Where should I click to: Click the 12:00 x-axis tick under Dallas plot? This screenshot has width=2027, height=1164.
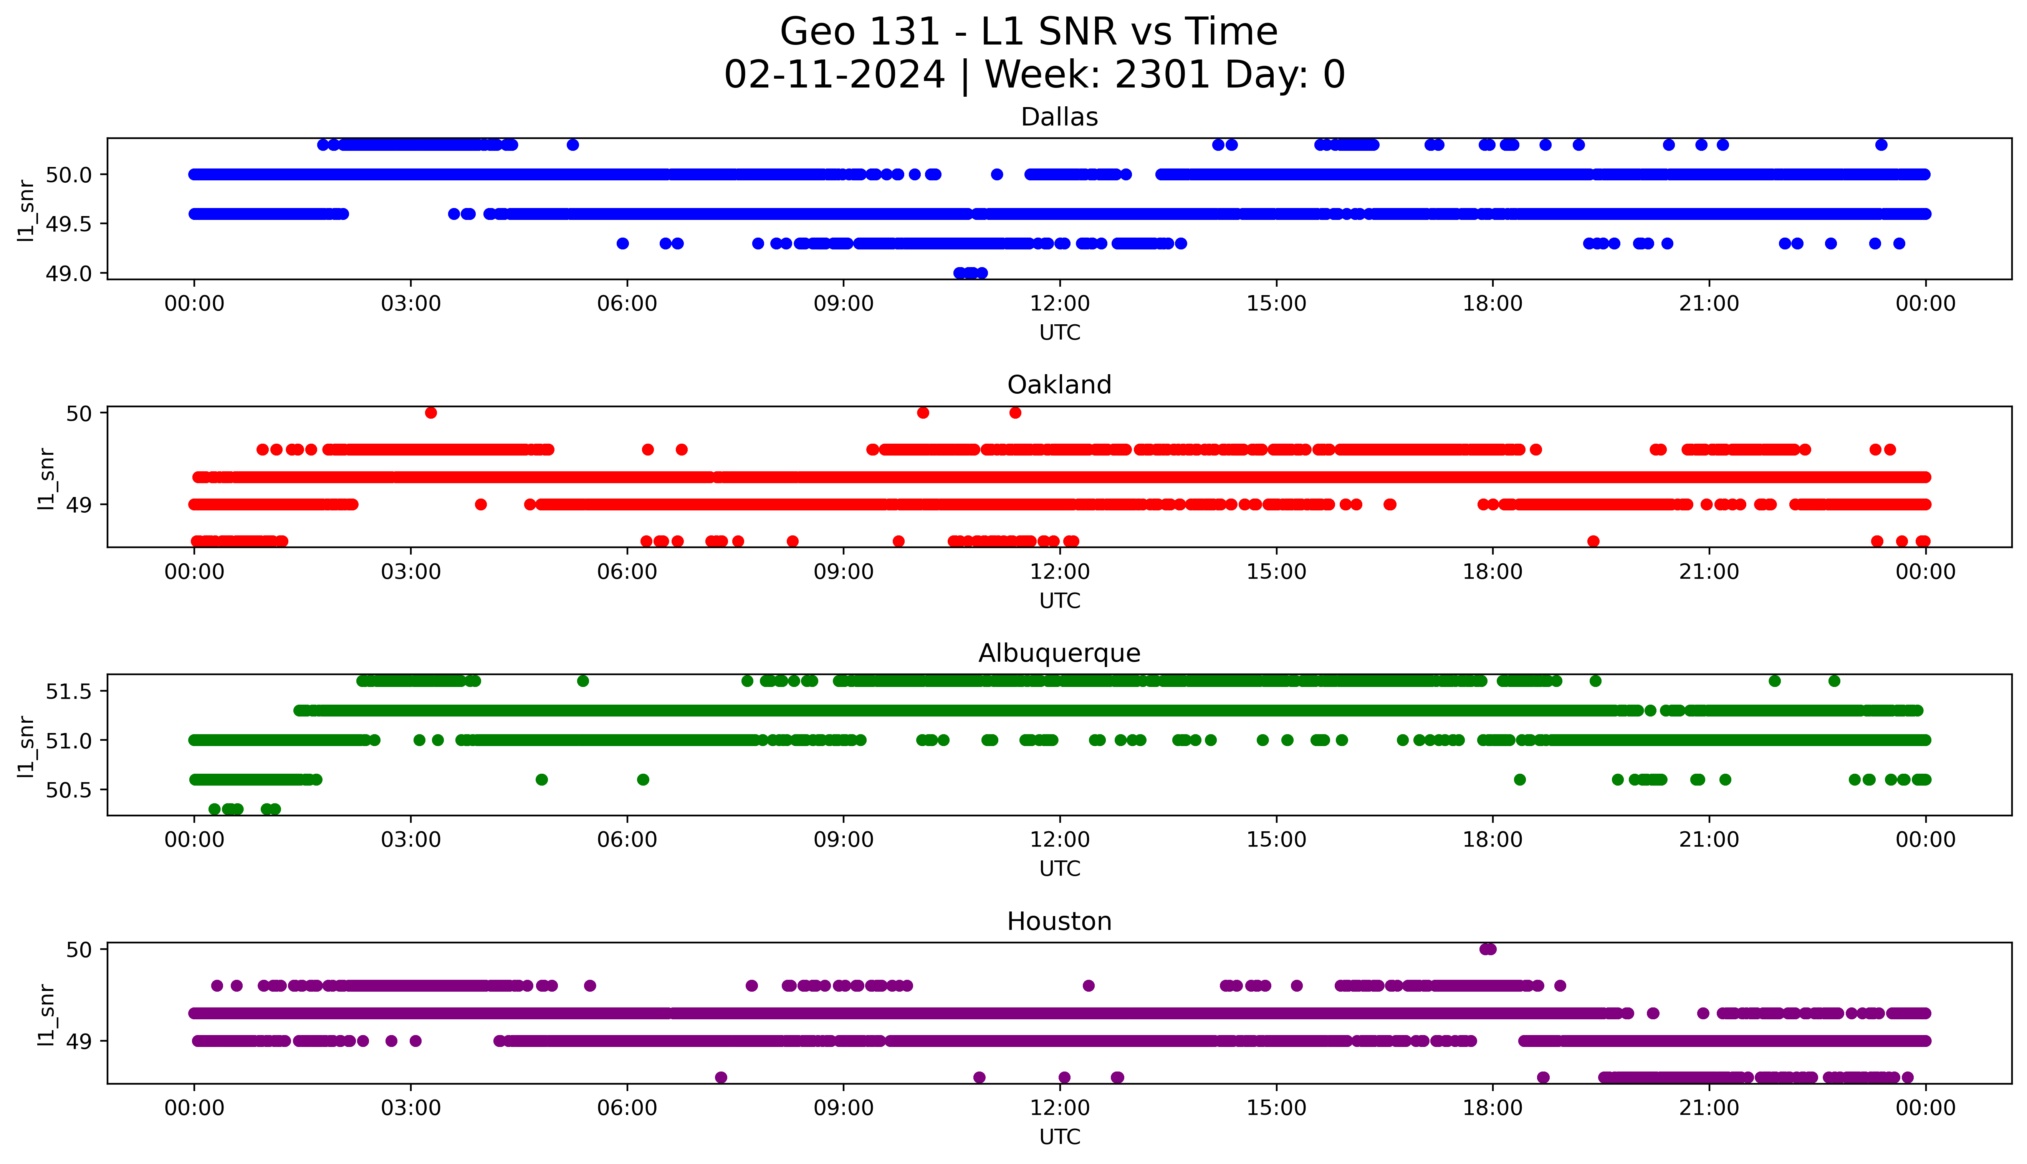coord(1059,304)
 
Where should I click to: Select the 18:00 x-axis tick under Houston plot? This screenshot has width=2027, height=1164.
coord(1492,1108)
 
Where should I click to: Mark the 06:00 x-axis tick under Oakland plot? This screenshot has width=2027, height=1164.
coord(627,571)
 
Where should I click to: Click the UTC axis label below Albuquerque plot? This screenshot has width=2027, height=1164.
coord(1059,869)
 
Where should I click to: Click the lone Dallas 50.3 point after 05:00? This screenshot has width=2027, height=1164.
coord(573,145)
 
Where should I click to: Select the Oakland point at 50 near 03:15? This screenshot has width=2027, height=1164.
coord(431,413)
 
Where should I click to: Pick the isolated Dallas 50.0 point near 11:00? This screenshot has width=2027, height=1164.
coord(996,174)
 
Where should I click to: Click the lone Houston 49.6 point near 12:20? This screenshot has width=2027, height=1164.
coord(1088,986)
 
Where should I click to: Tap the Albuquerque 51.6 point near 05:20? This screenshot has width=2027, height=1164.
coord(583,681)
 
